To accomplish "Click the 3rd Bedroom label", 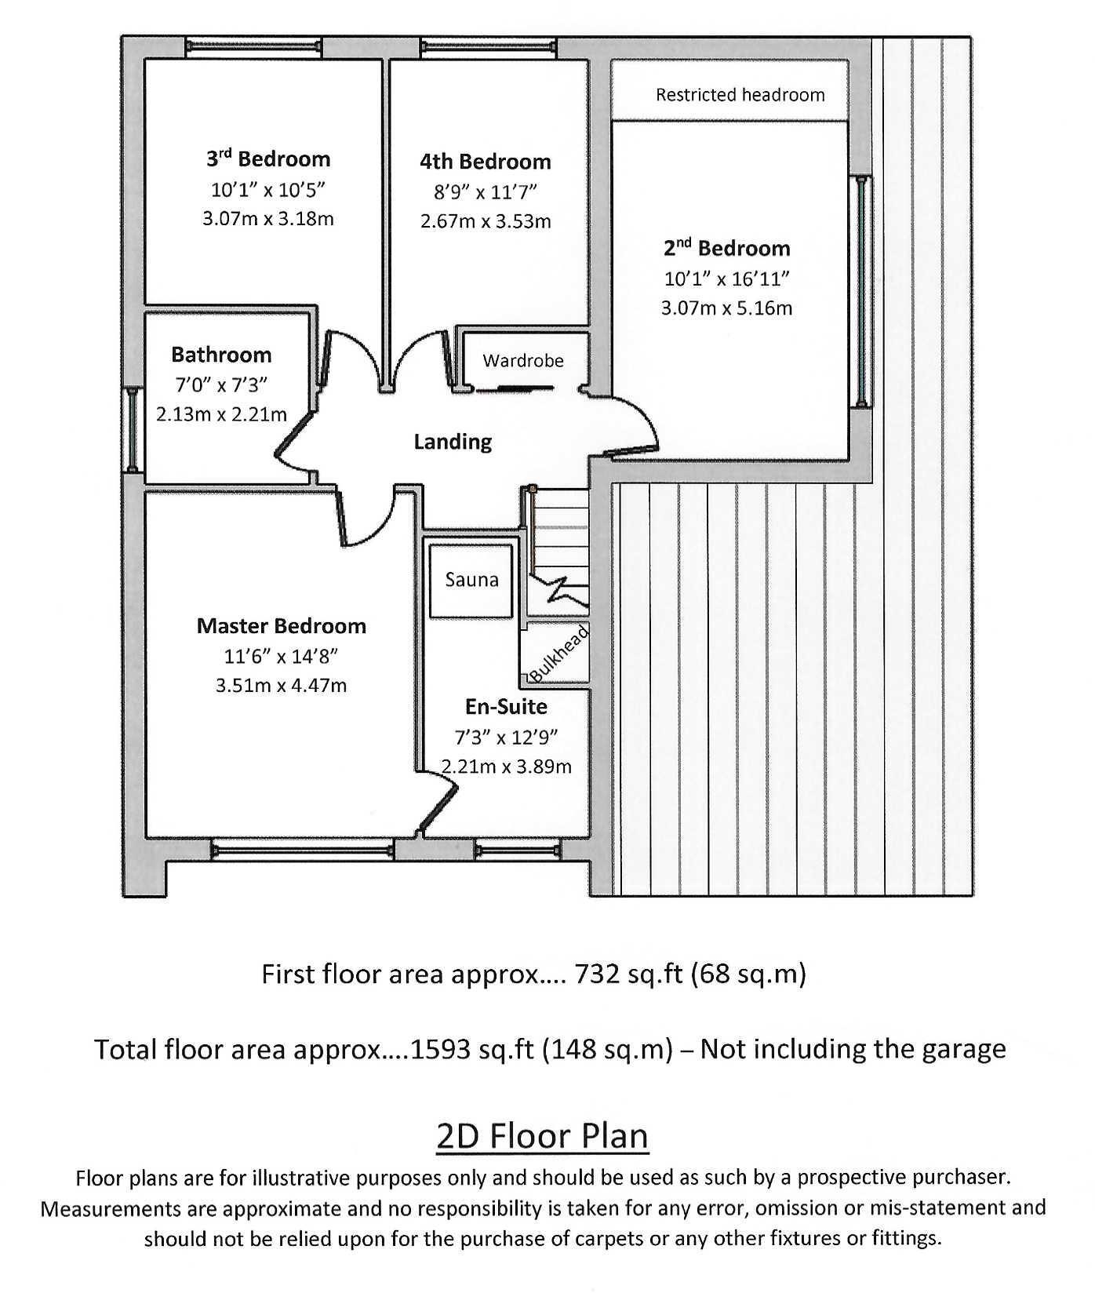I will tap(268, 159).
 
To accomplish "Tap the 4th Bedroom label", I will tap(485, 162).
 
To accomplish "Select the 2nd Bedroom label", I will tap(726, 249).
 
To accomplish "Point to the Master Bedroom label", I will tap(281, 626).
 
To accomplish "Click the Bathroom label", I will tap(221, 355).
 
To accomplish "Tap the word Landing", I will tap(453, 442).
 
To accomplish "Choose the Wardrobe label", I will tap(522, 361).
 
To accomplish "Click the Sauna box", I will tap(471, 580).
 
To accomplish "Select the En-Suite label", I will tap(506, 707).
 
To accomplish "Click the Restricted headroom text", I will tap(740, 96).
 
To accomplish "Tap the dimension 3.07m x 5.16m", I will tap(726, 308).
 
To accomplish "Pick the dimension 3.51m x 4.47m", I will tap(281, 686).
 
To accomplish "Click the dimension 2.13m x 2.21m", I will tap(221, 414).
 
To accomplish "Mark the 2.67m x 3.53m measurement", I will tap(485, 221).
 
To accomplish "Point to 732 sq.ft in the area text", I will tap(626, 974).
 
